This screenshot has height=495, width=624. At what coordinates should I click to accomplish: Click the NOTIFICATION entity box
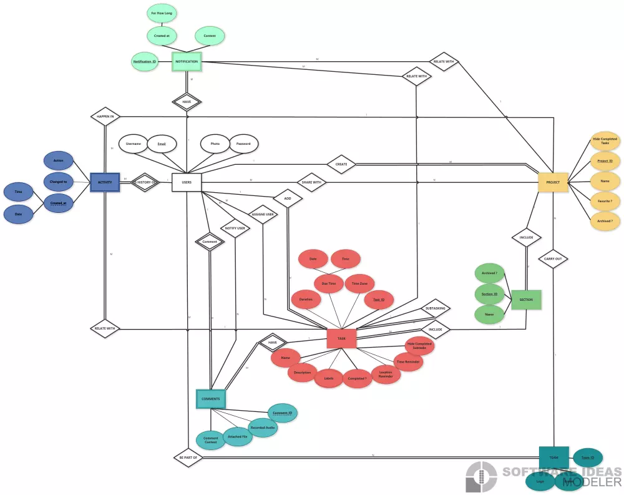[187, 61]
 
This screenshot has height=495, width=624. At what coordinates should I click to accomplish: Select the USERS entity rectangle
[187, 182]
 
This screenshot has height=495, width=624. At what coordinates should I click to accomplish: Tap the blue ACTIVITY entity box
[105, 182]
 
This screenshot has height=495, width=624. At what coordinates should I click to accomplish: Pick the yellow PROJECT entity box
[553, 182]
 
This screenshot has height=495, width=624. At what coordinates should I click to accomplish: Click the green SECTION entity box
[526, 300]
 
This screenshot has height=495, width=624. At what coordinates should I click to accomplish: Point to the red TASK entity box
[341, 338]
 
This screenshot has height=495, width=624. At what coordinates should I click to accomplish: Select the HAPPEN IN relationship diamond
[105, 116]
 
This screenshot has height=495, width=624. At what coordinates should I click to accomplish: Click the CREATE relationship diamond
[341, 164]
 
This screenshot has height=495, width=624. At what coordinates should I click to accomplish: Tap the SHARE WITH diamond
[312, 182]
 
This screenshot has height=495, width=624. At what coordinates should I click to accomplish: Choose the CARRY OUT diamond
[553, 258]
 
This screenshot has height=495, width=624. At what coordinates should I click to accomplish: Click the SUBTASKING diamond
[435, 308]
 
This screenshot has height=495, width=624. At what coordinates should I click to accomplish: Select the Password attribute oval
[243, 144]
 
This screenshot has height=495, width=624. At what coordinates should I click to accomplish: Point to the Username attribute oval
[134, 144]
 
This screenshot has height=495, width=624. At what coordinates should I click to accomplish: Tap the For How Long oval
[162, 12]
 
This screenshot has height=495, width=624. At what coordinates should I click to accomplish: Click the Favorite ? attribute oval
[605, 202]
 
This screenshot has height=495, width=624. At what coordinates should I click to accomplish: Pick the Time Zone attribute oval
[359, 283]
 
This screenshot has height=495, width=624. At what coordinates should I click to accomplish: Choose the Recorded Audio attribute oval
[262, 428]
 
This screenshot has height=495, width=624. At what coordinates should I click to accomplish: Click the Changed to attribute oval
[58, 182]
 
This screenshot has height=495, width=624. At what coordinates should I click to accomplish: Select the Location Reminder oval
[386, 374]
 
